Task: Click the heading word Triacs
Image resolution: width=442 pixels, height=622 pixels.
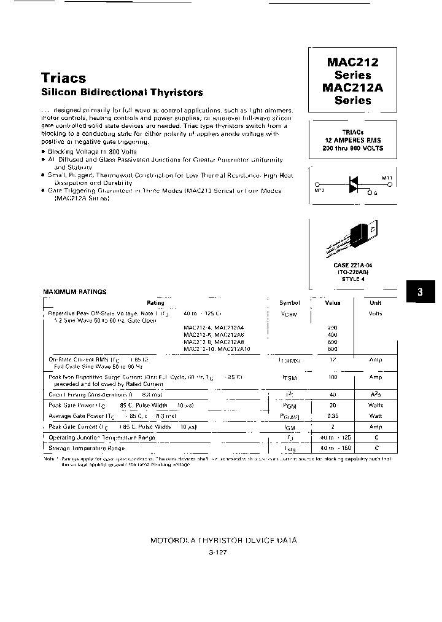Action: point(64,78)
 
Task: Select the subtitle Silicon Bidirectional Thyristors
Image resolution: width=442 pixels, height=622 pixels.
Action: point(122,93)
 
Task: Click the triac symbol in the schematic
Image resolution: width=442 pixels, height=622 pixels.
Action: point(354,184)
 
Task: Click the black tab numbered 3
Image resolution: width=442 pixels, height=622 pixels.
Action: point(420,292)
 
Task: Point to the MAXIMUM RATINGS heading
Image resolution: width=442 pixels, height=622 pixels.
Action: point(74,291)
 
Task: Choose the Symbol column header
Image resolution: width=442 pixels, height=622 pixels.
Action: point(289,302)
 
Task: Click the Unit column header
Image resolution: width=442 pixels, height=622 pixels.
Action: point(375,302)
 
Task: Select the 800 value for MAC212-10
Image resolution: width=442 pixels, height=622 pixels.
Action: point(333,349)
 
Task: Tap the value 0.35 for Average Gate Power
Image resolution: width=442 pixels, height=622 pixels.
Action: point(333,416)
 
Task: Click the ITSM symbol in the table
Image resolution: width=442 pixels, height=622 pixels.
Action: point(289,377)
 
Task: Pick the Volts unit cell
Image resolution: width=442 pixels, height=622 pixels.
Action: point(375,313)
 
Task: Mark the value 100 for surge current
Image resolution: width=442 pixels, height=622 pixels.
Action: point(333,377)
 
